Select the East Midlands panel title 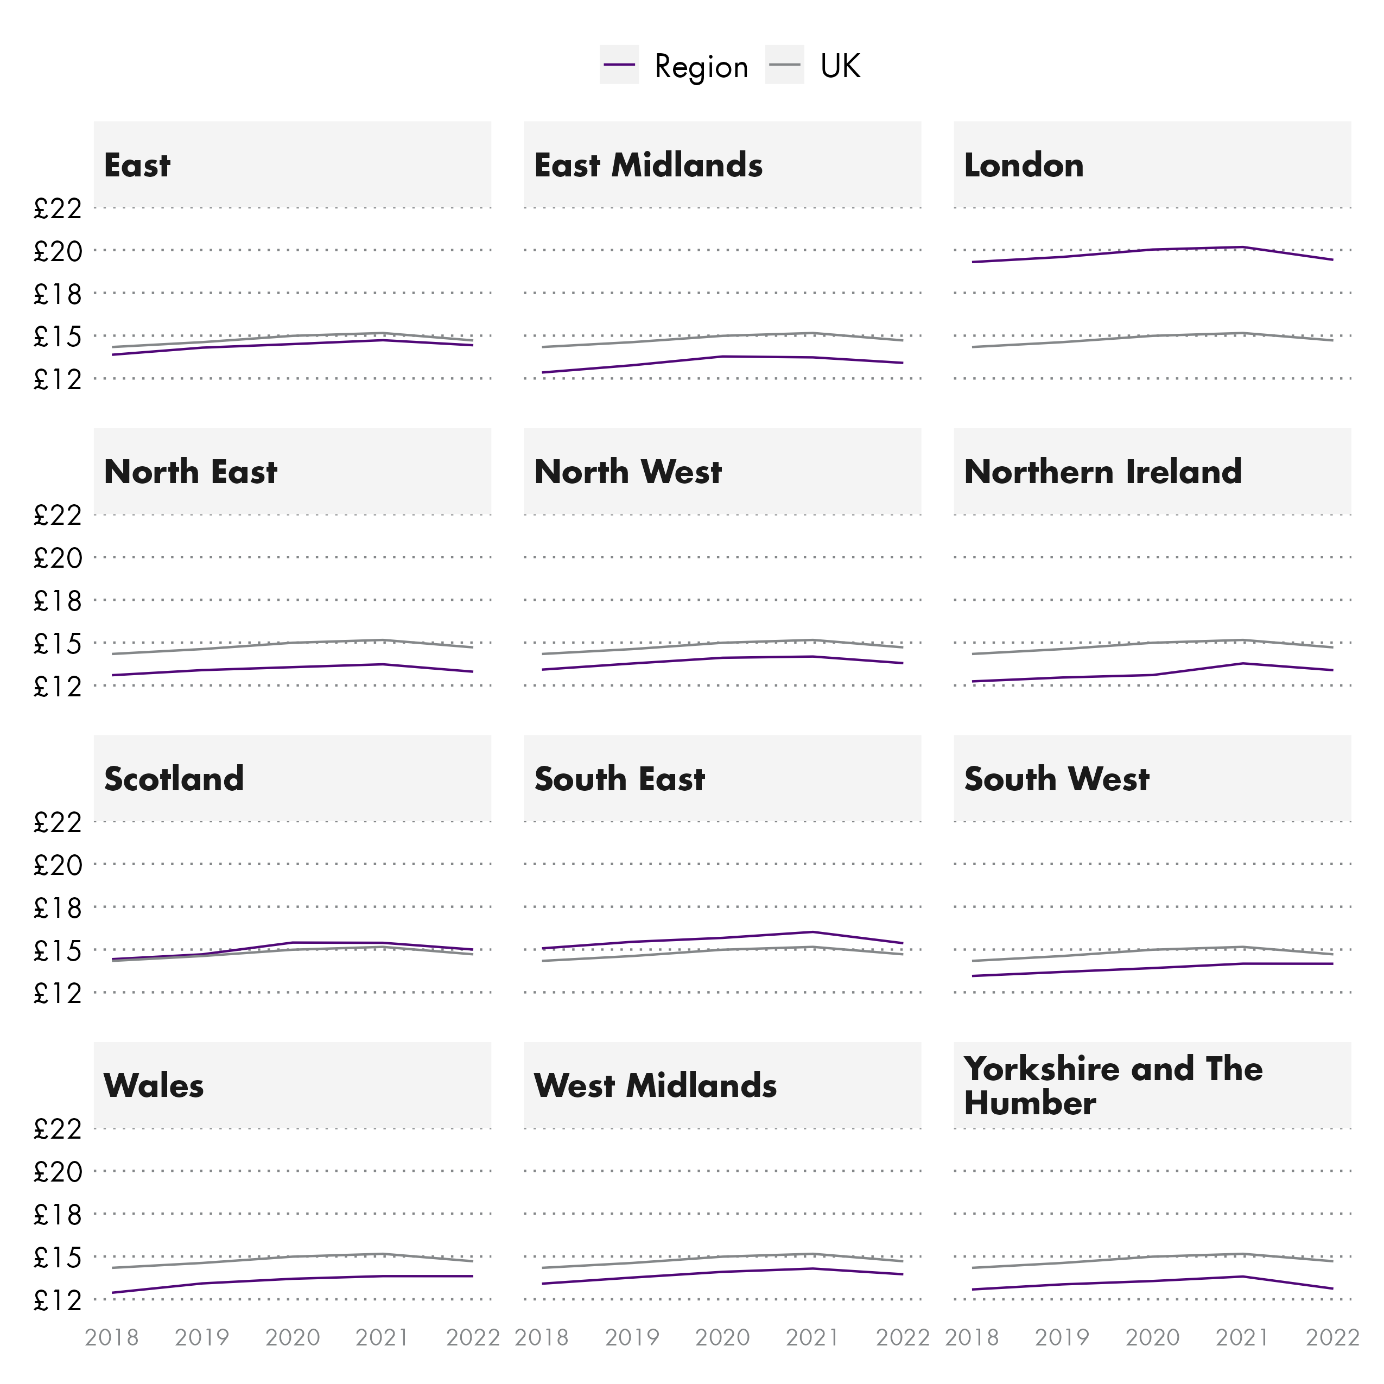point(647,166)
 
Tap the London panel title point(1023,166)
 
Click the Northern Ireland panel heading point(1102,472)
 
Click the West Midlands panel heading point(655,1085)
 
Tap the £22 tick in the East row point(58,209)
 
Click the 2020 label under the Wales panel point(293,1337)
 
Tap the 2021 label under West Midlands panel point(812,1337)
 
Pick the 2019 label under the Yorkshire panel point(1062,1337)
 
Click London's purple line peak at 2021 point(1243,247)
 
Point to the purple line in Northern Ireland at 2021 point(1243,663)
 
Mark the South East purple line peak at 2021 point(812,932)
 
